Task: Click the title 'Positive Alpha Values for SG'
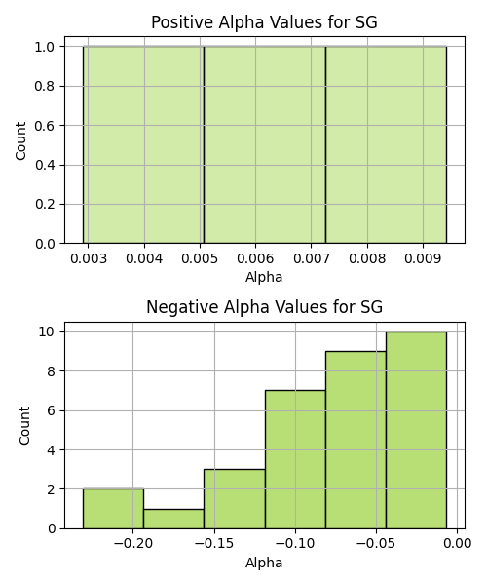264,22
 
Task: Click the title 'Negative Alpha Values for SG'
264,307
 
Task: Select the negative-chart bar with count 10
416,430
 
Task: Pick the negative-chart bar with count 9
356,440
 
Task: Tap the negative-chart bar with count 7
295,459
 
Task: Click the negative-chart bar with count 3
235,499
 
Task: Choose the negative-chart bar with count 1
173,519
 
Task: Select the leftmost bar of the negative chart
113,509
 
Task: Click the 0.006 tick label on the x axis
255,258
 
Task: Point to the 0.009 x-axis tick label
423,258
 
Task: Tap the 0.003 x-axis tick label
89,258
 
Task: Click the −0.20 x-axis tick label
133,543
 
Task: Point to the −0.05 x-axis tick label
376,543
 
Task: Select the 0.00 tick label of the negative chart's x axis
457,543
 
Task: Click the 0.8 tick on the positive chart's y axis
45,86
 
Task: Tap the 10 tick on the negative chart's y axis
47,331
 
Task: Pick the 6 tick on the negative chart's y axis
51,410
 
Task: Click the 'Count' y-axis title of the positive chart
20,140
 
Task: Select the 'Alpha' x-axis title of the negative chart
264,563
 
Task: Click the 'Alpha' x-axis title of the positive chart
264,277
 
